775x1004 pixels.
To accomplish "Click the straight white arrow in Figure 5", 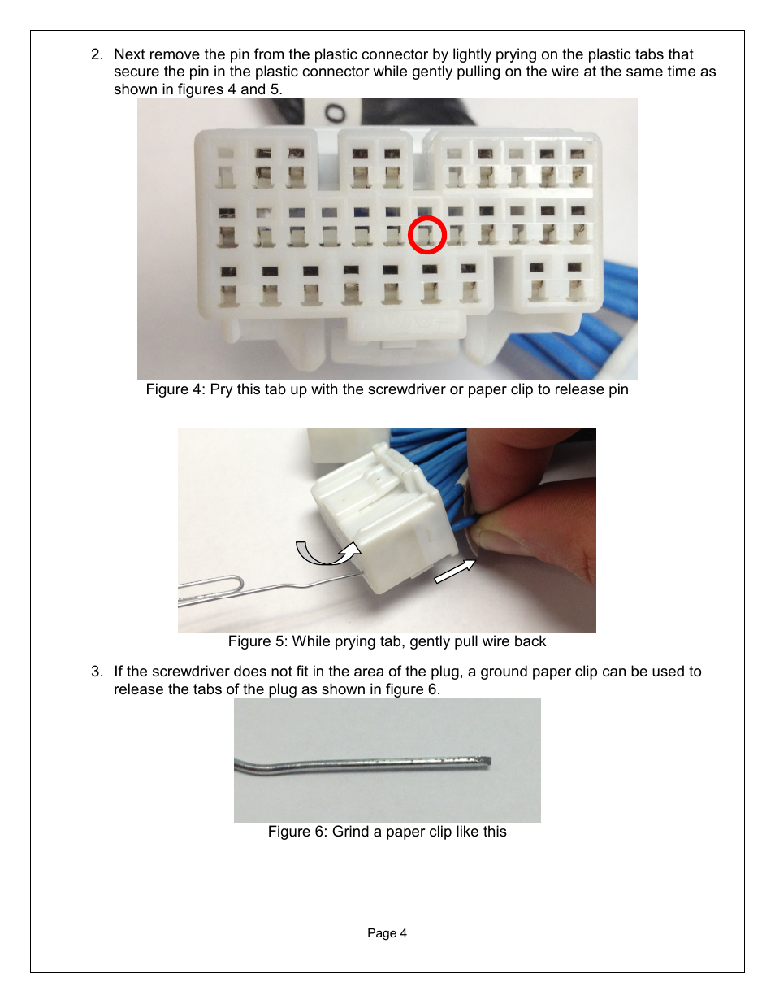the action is (455, 571).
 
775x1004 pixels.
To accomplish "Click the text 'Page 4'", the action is (387, 932).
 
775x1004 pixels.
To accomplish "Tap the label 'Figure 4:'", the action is (175, 389).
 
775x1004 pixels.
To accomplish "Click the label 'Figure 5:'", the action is (258, 641).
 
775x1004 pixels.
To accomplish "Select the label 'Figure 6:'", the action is (297, 831).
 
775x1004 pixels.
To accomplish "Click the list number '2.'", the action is (97, 54).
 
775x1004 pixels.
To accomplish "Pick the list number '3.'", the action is (97, 672).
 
